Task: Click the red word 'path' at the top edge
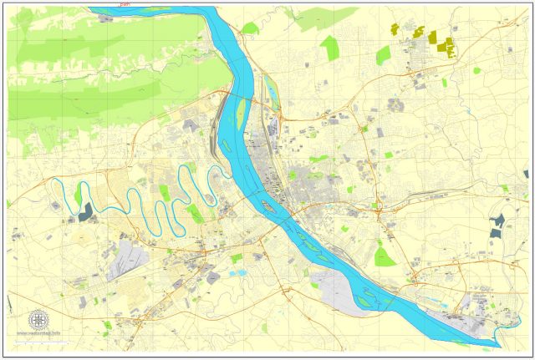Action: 125,3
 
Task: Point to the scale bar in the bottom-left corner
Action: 38,340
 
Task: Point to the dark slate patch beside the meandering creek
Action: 87,212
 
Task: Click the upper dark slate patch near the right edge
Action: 499,221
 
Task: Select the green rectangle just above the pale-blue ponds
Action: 237,258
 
